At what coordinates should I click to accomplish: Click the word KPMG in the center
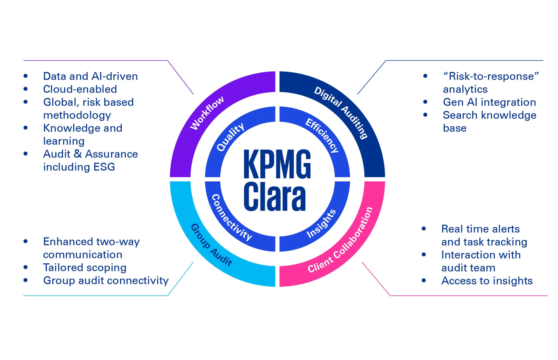click(x=277, y=164)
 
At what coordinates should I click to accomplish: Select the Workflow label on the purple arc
click(x=207, y=113)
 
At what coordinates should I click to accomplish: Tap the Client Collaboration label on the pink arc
click(x=341, y=241)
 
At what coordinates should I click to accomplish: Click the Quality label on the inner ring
click(x=230, y=137)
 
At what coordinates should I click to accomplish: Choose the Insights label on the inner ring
click(x=321, y=224)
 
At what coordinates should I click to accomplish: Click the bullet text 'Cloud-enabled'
click(x=80, y=89)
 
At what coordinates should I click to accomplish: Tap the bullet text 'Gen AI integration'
click(x=489, y=102)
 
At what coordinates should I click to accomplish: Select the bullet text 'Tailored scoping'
click(x=84, y=268)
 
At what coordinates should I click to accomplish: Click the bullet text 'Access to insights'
click(x=487, y=281)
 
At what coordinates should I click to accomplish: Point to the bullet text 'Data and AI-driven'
click(x=90, y=76)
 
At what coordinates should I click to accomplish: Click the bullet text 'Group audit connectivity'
click(x=106, y=281)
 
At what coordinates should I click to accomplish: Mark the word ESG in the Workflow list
click(x=104, y=167)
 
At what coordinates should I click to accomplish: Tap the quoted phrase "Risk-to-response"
click(x=491, y=76)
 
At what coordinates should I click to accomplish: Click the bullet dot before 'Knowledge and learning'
click(x=26, y=128)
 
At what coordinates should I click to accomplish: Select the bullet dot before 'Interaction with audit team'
click(x=424, y=255)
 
